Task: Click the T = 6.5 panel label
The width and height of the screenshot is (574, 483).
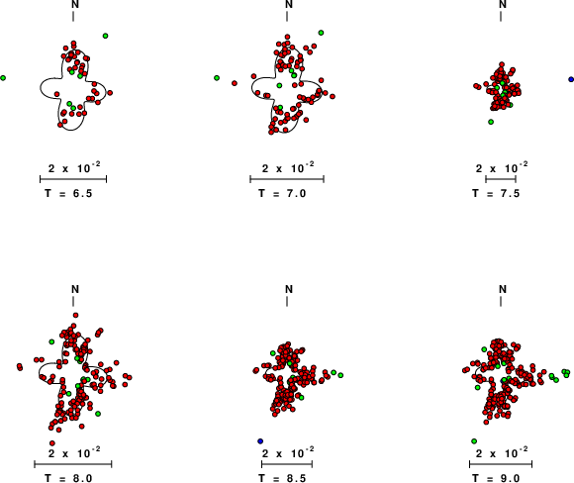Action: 68,193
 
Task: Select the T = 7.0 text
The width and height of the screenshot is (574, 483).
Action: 282,193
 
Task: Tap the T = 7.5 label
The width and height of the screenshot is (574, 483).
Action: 496,193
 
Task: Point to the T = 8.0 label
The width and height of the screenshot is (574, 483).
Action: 68,478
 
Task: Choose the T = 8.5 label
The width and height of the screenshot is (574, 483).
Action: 282,478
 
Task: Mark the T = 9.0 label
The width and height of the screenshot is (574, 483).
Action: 496,478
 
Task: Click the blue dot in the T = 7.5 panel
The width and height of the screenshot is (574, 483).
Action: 571,79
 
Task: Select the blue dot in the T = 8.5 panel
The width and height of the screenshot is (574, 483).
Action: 260,440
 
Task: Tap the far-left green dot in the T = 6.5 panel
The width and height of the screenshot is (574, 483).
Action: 3,78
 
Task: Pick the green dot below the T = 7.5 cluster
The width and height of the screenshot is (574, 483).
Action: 491,122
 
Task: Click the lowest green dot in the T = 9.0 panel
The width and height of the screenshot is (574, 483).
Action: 474,440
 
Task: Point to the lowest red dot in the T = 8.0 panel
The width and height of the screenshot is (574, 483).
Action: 52,443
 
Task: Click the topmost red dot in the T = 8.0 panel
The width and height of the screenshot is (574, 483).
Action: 75,316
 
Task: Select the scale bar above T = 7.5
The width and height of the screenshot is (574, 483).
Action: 501,179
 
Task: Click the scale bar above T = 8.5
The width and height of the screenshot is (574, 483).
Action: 287,464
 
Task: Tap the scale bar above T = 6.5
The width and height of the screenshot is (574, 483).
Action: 73,179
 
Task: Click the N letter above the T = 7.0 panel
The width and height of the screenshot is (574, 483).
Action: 289,4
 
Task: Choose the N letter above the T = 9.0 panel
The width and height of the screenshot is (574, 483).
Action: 503,289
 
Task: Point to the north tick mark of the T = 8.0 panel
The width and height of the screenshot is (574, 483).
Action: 73,301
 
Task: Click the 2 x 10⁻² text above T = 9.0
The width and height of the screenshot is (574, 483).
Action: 502,452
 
